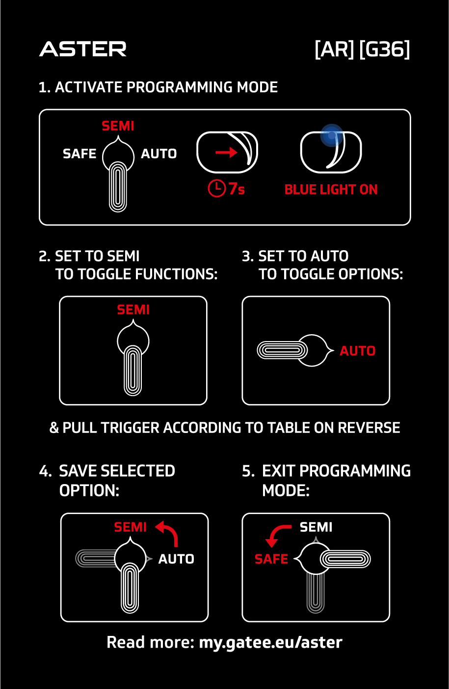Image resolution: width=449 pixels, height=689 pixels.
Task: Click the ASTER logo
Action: (x=83, y=49)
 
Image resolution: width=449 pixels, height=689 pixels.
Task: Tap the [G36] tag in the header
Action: (x=385, y=49)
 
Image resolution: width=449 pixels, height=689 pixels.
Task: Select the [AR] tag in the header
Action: (x=335, y=49)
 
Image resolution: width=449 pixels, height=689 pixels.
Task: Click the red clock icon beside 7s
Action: (x=217, y=188)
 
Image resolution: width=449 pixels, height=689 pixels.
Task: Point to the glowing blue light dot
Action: (x=332, y=135)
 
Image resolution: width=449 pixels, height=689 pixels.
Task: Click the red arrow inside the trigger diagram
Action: (x=226, y=152)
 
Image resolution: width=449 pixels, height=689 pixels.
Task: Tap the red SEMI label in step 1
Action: (x=118, y=126)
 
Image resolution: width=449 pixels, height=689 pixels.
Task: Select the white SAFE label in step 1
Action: (x=79, y=153)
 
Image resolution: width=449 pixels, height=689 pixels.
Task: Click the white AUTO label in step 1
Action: (x=159, y=153)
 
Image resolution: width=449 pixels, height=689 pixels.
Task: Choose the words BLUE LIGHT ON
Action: (x=331, y=190)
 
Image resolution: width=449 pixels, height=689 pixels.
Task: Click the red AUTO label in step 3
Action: (x=357, y=351)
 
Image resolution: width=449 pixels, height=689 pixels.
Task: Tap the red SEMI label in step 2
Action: (x=133, y=310)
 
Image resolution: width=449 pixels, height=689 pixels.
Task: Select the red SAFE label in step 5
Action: (x=271, y=559)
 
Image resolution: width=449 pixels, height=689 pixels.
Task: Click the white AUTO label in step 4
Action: (x=176, y=559)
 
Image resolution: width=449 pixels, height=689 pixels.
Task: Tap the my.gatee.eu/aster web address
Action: (x=270, y=642)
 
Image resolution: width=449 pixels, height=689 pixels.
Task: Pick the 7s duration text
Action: (x=237, y=188)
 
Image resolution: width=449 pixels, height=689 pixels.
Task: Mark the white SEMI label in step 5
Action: (x=316, y=527)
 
